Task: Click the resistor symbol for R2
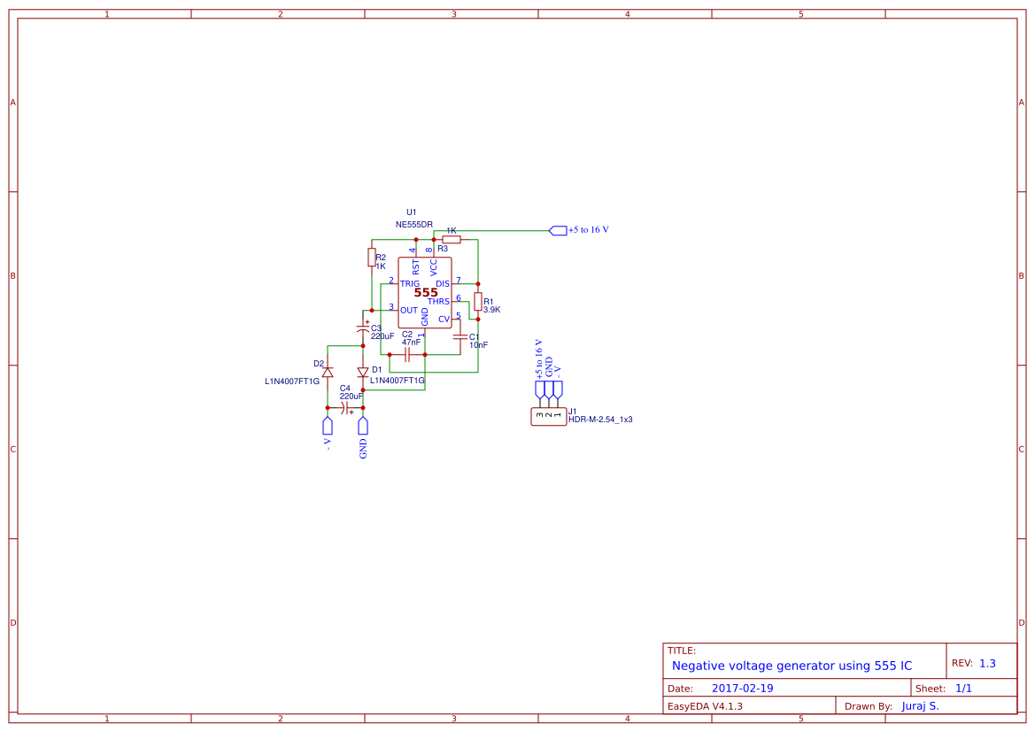tap(371, 257)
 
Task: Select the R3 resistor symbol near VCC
tap(452, 239)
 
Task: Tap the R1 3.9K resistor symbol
tap(478, 302)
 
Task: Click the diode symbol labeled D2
tap(328, 372)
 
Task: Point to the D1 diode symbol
tap(363, 372)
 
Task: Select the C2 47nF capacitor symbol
tap(407, 354)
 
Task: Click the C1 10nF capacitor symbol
tap(460, 337)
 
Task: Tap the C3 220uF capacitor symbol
tap(363, 328)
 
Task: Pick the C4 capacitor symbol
tap(345, 407)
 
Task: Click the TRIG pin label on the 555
tap(410, 283)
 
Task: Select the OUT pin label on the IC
tap(409, 310)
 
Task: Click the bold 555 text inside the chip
tap(426, 292)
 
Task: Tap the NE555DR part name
tap(414, 225)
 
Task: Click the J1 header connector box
tap(548, 415)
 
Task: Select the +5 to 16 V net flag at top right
tap(558, 230)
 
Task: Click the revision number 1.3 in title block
tap(987, 663)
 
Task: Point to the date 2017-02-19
tap(742, 688)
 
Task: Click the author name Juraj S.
tap(920, 706)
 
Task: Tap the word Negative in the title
tap(699, 666)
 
